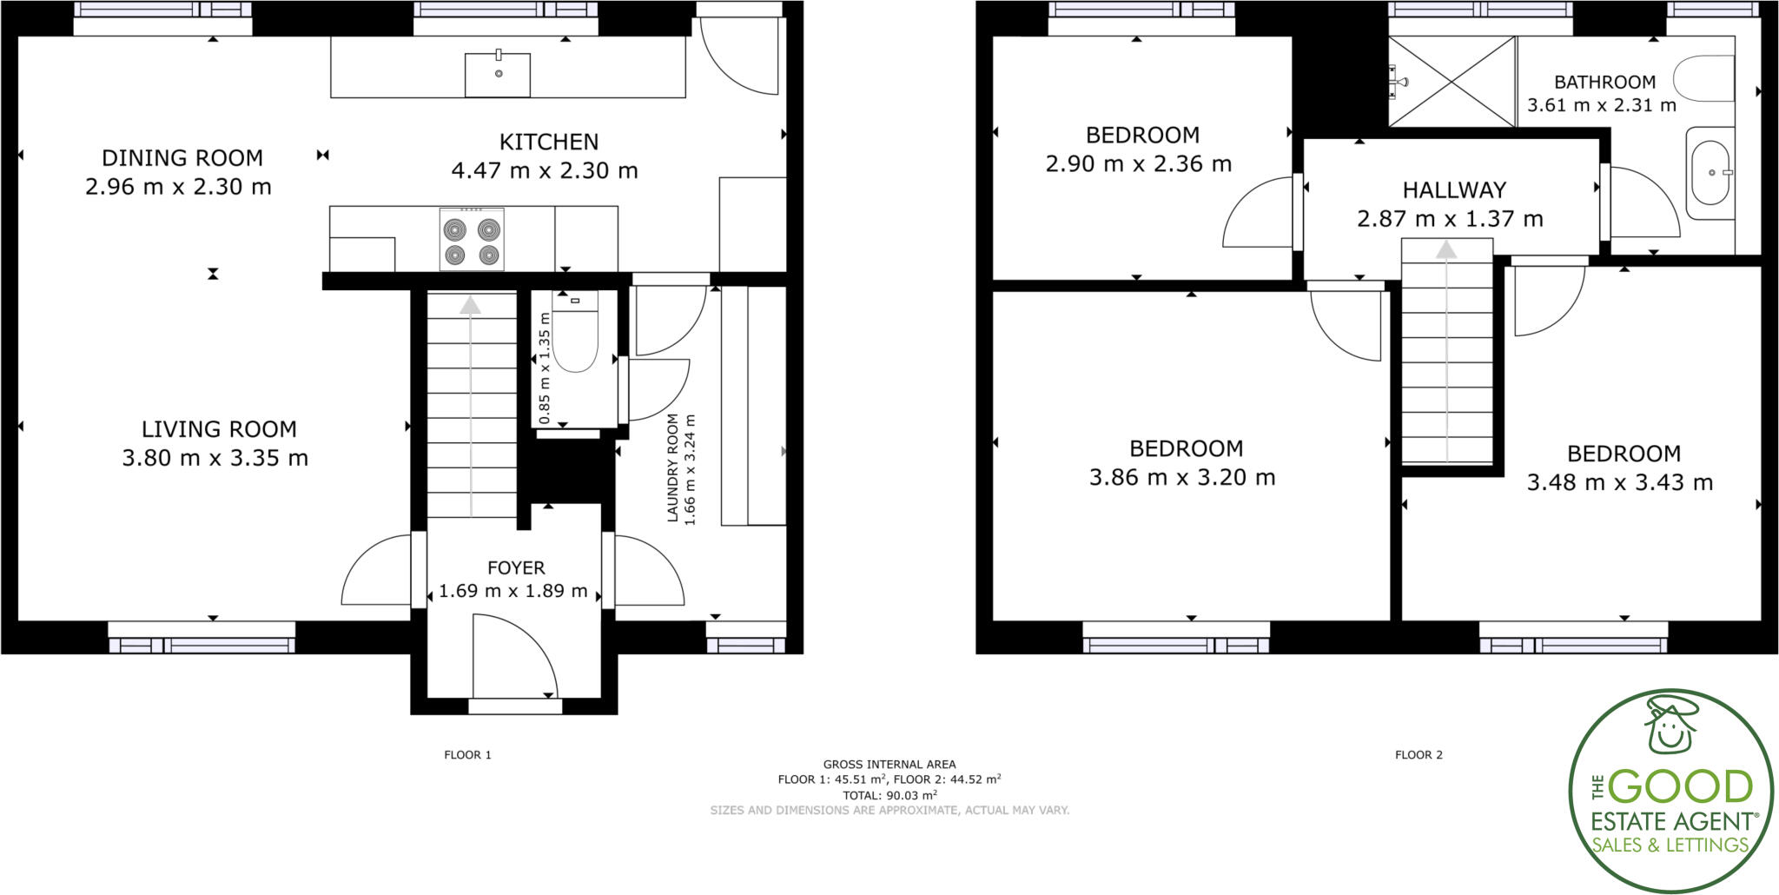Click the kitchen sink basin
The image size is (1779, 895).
pos(498,74)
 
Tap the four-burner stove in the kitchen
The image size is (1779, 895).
pos(472,240)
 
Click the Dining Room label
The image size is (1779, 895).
pos(182,158)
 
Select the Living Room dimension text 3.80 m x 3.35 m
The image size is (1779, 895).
pos(215,458)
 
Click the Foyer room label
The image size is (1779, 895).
pos(516,568)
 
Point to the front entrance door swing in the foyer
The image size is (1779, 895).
pos(513,656)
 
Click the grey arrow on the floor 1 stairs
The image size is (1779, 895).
pos(471,305)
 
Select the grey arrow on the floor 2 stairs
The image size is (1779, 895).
pos(1446,250)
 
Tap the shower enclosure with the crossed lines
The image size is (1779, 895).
pos(1452,82)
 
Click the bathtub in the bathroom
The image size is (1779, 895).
pos(1710,173)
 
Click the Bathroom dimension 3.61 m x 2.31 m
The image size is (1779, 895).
pos(1602,105)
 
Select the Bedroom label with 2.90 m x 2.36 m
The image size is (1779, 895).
pos(1142,136)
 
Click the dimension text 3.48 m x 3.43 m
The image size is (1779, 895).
pos(1620,482)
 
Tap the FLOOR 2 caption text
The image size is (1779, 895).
pos(1419,755)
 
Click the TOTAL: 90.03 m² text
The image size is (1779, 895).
pos(889,795)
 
